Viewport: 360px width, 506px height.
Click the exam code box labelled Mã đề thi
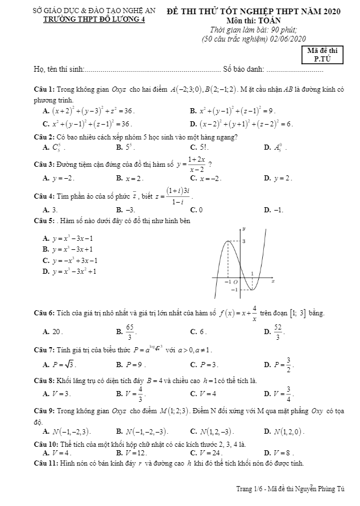point(322,54)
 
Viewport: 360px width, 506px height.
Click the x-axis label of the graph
point(272,281)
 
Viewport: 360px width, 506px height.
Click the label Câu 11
point(45,463)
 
